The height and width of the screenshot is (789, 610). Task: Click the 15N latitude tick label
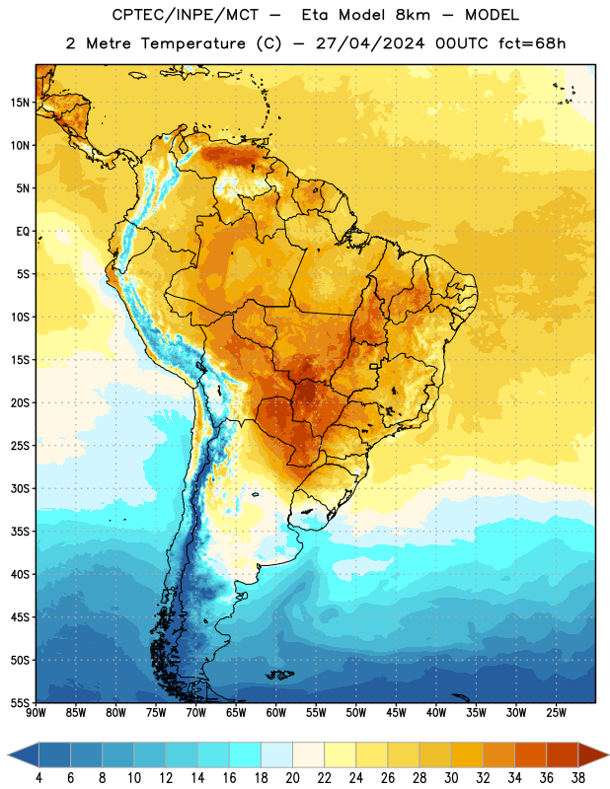pos(20,103)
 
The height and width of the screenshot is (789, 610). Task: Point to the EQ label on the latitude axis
pos(23,232)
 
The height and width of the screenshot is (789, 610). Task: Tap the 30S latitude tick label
pos(20,488)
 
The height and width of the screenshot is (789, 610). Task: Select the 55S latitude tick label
pos(20,702)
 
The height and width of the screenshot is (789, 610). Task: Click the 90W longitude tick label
pos(36,713)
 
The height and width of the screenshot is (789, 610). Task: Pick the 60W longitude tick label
pos(276,713)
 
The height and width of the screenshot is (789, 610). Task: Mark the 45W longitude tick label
pos(396,713)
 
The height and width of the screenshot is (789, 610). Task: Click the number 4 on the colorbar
pos(38,778)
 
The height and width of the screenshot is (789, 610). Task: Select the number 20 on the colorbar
pos(292,778)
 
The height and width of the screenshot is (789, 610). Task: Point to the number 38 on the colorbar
pos(578,778)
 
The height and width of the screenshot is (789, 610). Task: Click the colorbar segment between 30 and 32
pos(468,755)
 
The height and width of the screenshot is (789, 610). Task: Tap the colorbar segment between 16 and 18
pos(246,755)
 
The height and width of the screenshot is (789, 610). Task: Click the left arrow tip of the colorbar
pos(8,755)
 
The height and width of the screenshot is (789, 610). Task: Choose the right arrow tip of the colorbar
pos(609,755)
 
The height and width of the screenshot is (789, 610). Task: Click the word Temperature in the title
pos(192,43)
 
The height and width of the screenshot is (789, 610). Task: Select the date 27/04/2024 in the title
pos(370,43)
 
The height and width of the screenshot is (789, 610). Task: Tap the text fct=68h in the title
pos(532,43)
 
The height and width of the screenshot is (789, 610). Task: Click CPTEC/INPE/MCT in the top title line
pos(186,15)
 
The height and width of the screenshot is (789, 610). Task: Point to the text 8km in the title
pos(413,15)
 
